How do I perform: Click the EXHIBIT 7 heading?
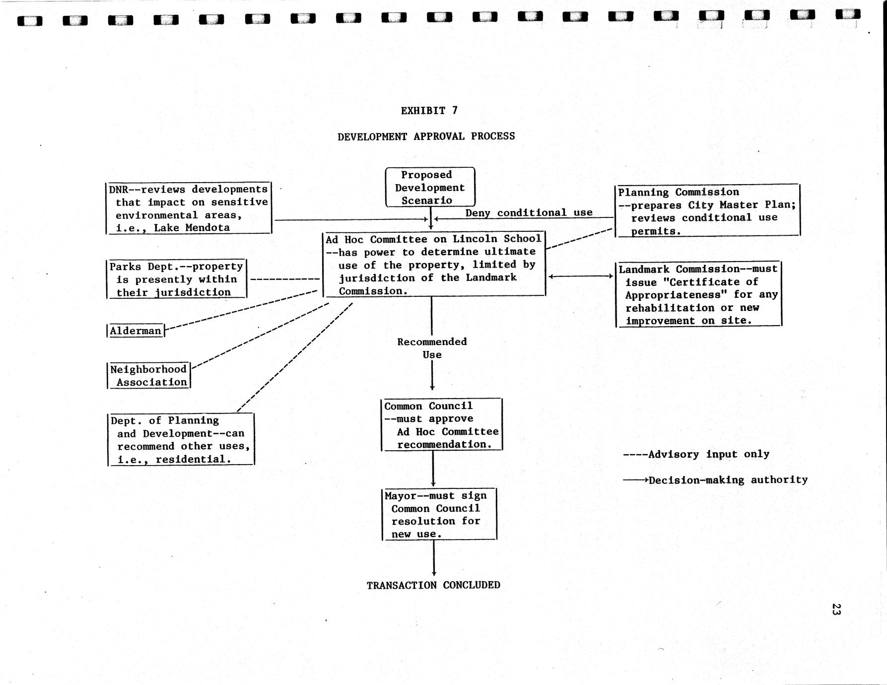(429, 111)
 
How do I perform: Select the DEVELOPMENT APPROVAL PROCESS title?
(426, 137)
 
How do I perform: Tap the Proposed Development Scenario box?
(430, 188)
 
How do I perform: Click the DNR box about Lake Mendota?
(189, 208)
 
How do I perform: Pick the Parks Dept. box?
(177, 279)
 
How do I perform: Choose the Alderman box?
(136, 331)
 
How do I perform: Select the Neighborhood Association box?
(148, 376)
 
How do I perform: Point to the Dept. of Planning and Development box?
(181, 440)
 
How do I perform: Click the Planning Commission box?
(707, 211)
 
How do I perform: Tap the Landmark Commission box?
(698, 294)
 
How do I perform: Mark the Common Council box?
(441, 425)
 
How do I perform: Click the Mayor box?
(439, 515)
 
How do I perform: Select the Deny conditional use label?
(529, 213)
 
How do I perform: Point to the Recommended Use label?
(432, 348)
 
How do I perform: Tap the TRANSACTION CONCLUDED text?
(433, 585)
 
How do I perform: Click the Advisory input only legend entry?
(696, 454)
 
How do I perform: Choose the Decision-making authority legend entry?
(715, 480)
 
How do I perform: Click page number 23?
(835, 609)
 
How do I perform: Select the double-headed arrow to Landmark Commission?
(580, 276)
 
